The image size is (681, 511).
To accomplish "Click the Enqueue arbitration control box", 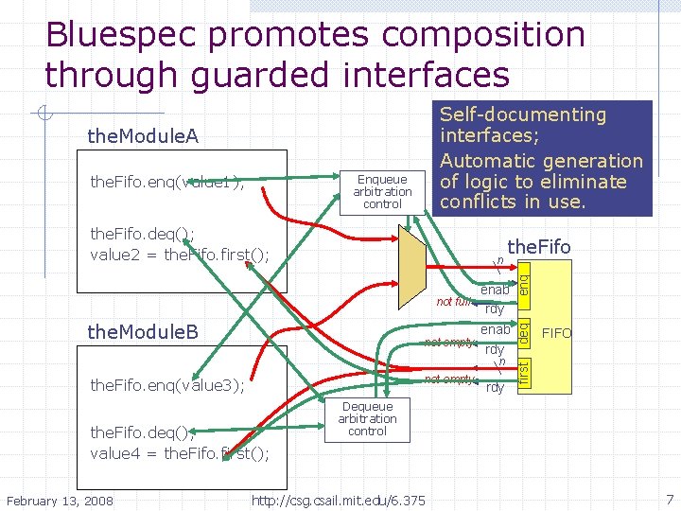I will pyautogui.click(x=382, y=191).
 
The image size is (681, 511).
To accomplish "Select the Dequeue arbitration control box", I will pyautogui.click(x=367, y=419).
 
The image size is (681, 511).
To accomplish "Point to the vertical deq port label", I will pyautogui.click(x=523, y=332).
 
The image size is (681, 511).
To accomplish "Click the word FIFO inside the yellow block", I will pyautogui.click(x=556, y=334).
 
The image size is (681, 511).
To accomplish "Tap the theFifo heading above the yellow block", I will pyautogui.click(x=539, y=247).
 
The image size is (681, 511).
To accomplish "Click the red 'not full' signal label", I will pyautogui.click(x=453, y=302).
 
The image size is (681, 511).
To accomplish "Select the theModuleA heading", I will pyautogui.click(x=143, y=137).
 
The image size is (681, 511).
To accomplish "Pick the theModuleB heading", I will pyautogui.click(x=143, y=332).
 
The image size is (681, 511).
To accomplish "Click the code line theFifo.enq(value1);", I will pyautogui.click(x=166, y=182).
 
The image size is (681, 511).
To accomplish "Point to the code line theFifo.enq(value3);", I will pyautogui.click(x=166, y=385).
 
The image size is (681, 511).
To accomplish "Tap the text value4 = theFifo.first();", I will pyautogui.click(x=180, y=452).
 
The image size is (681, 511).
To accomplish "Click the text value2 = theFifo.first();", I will pyautogui.click(x=180, y=255).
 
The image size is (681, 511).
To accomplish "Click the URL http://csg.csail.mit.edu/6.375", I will pyautogui.click(x=338, y=499).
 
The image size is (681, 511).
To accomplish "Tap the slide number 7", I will pyautogui.click(x=669, y=499).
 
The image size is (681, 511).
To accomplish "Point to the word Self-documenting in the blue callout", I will pyautogui.click(x=523, y=115).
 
